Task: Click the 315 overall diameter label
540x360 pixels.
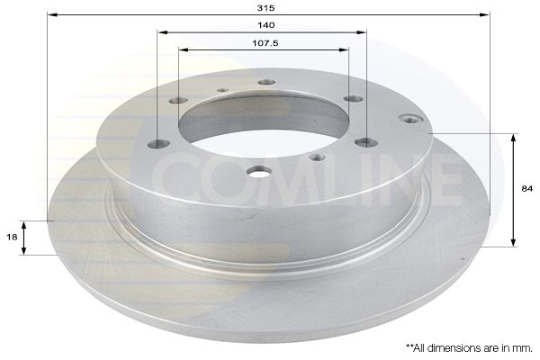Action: [x=271, y=8]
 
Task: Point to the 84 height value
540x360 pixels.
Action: [x=526, y=189]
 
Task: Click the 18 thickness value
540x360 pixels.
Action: [x=11, y=236]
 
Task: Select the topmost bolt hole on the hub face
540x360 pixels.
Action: [x=265, y=82]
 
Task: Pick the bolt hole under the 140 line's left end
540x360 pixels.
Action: [x=157, y=143]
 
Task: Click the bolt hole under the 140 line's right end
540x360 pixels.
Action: [x=365, y=141]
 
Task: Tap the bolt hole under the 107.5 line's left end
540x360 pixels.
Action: [x=178, y=100]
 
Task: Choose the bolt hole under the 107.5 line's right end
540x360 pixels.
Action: [x=353, y=98]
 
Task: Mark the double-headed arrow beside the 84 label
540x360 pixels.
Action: [x=514, y=190]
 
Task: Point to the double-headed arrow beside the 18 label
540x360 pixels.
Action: [x=25, y=237]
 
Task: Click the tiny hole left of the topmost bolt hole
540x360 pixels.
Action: [x=221, y=89]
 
